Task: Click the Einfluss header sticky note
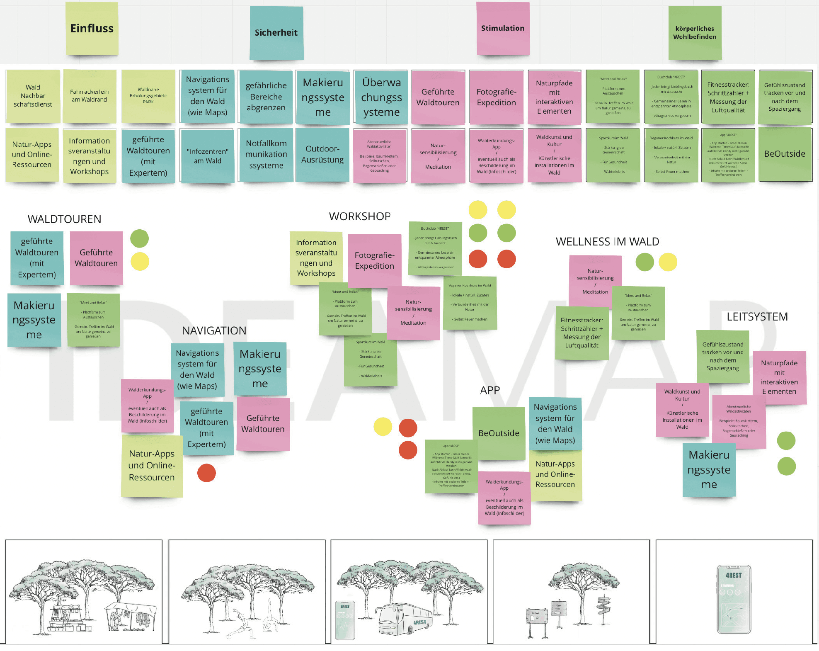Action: point(92,29)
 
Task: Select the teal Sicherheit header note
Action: point(276,33)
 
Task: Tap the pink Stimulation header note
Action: point(503,28)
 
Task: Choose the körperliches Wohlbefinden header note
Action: point(695,33)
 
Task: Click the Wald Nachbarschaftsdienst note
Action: point(33,96)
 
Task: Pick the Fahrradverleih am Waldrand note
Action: point(89,96)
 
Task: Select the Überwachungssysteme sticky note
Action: point(381,97)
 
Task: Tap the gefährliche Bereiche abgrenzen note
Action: point(266,97)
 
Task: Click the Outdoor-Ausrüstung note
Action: point(322,154)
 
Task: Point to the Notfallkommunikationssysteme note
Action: point(266,154)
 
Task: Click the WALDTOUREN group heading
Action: point(64,219)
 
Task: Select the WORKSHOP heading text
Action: point(359,216)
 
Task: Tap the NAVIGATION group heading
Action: point(214,330)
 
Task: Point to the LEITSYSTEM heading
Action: point(757,316)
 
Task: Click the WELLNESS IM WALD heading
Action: point(607,241)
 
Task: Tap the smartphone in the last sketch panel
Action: point(734,599)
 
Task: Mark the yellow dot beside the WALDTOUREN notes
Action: point(140,262)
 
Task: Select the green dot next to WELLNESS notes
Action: point(645,262)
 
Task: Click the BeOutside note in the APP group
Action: point(499,433)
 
